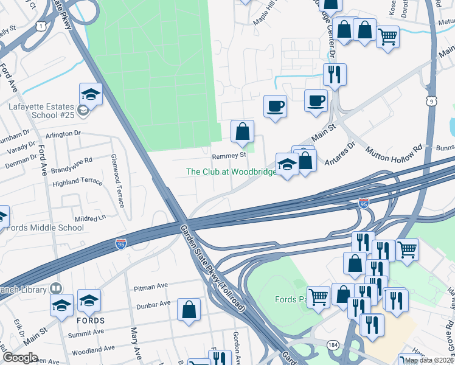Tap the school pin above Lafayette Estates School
click(x=91, y=94)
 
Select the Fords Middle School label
click(x=45, y=228)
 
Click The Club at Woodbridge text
click(x=231, y=172)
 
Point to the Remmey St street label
click(x=228, y=155)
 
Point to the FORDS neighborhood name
click(x=91, y=320)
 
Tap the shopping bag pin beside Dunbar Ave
click(x=189, y=309)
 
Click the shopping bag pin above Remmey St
click(x=242, y=130)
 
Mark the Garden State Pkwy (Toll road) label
click(x=212, y=268)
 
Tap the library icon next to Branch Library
click(x=56, y=288)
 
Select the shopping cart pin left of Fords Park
click(x=318, y=297)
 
